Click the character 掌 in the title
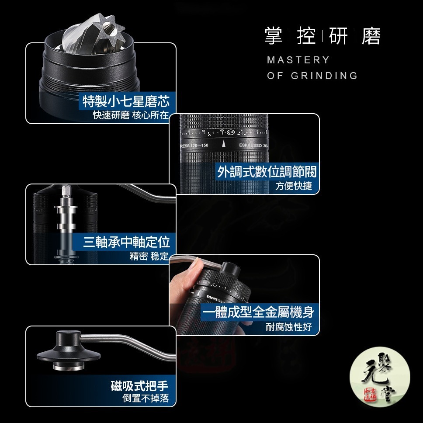(273, 36)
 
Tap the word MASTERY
(298, 60)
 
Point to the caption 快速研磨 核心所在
(130, 115)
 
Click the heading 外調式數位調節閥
(267, 171)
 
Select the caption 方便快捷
(294, 186)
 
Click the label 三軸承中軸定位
(126, 242)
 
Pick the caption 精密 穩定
(149, 256)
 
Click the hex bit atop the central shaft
(66, 191)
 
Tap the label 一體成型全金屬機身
(259, 312)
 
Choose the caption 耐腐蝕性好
(289, 327)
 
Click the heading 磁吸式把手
(139, 386)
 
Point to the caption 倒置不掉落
(145, 399)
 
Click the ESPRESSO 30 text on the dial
(253, 145)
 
